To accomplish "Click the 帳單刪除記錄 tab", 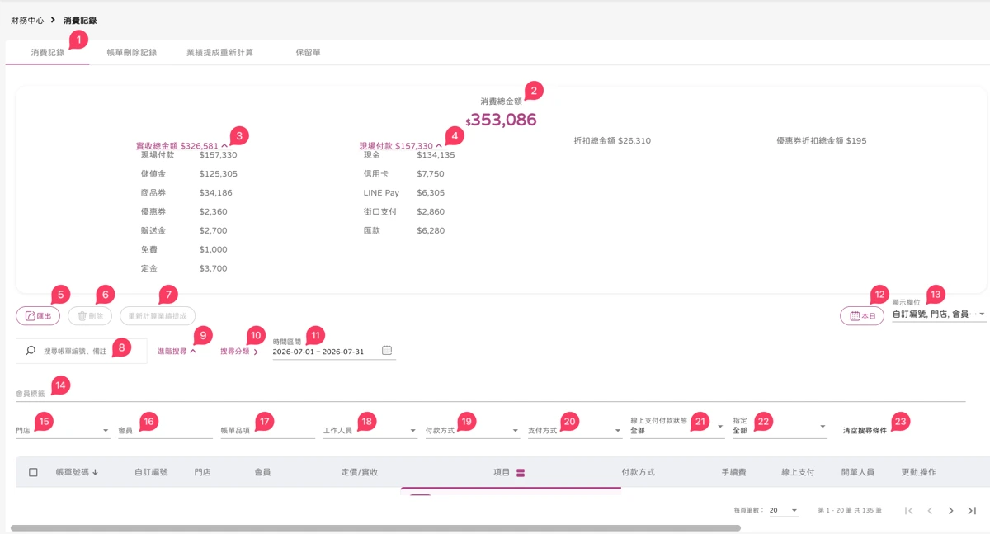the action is point(132,53).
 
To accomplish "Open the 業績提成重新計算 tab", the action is point(219,53).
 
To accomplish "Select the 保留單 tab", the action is point(308,53).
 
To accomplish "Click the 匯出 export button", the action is point(38,315).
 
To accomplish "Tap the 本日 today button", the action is point(862,315).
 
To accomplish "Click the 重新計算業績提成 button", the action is point(158,315).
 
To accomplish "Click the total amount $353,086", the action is point(501,120).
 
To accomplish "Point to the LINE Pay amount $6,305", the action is point(431,193).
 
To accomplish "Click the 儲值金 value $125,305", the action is point(218,173).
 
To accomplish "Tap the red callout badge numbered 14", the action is point(60,385).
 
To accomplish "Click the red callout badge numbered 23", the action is point(900,422).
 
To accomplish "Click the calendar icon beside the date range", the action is point(387,351).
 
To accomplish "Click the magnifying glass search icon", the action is point(30,351).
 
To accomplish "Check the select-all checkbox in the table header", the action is point(33,472).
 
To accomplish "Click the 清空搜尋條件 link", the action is point(865,431).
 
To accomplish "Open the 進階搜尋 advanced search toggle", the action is point(177,351).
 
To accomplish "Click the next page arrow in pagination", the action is point(950,511).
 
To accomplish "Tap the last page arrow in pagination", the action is point(972,511).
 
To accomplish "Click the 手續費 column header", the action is point(733,472).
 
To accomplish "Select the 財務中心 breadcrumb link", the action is point(27,21).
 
